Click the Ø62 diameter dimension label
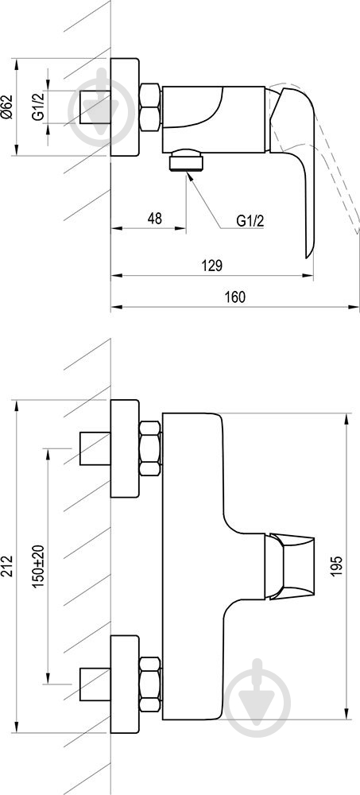coord(6,107)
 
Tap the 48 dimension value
coord(155,219)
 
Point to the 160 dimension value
coord(236,297)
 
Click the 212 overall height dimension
coord(7,566)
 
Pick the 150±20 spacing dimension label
coord(39,566)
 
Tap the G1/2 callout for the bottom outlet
coord(250,220)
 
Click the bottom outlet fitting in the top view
coord(187,161)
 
